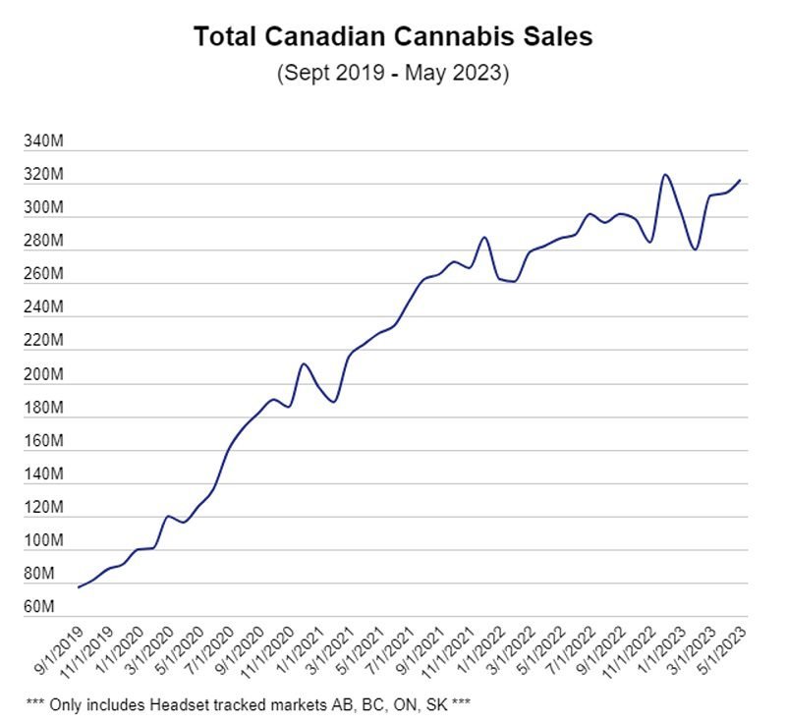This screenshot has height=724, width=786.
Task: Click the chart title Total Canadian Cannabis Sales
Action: (393, 37)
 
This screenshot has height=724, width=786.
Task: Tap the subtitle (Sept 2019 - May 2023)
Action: (393, 74)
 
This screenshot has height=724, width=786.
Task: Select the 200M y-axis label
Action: (46, 375)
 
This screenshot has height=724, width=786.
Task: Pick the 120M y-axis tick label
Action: (46, 508)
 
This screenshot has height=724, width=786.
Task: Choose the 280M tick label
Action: (46, 242)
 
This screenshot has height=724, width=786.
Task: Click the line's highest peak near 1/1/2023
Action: (665, 175)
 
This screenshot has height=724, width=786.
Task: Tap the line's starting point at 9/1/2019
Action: (78, 587)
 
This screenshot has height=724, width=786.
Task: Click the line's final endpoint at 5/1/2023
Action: (740, 180)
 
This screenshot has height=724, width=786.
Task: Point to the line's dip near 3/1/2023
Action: (695, 250)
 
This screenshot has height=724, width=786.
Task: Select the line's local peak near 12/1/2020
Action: (305, 364)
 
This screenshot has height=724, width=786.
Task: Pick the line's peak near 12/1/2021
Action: (484, 238)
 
